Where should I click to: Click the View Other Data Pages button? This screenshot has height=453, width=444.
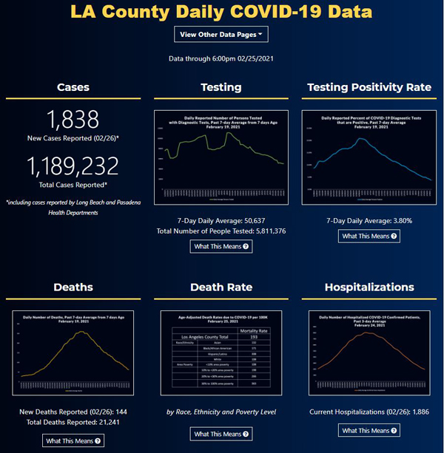pos(221,34)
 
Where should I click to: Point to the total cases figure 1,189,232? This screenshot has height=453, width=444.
pos(73,165)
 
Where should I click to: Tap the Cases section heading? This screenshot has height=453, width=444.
pos(73,87)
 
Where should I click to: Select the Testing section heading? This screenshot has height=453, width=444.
pos(221,87)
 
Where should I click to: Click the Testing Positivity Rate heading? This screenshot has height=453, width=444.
pos(369,87)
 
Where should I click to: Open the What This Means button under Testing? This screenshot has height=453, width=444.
pos(221,246)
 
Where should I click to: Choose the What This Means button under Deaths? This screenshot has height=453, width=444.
pos(73,440)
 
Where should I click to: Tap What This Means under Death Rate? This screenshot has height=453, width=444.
pos(221,434)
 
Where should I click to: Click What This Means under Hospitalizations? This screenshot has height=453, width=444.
pos(369,430)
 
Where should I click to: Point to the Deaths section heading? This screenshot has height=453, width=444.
pos(73,287)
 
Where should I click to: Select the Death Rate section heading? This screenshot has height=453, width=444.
pos(221,287)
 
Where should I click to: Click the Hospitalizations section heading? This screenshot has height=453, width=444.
pos(369,287)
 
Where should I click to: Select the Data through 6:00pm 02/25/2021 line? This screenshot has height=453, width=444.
pos(221,58)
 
